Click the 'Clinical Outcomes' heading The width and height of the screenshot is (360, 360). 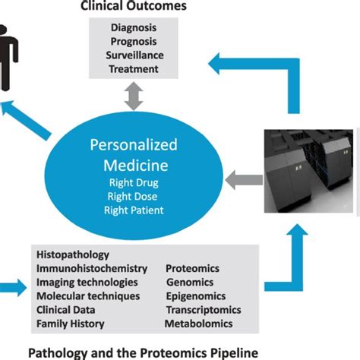click(134, 7)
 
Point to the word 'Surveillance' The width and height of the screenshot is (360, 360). click(134, 55)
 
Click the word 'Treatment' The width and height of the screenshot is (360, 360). click(134, 68)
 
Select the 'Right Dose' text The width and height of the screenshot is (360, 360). click(134, 195)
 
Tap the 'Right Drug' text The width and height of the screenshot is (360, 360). click(134, 182)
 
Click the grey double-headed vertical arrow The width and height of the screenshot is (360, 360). click(134, 98)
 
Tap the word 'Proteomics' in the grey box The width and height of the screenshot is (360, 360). click(192, 269)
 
